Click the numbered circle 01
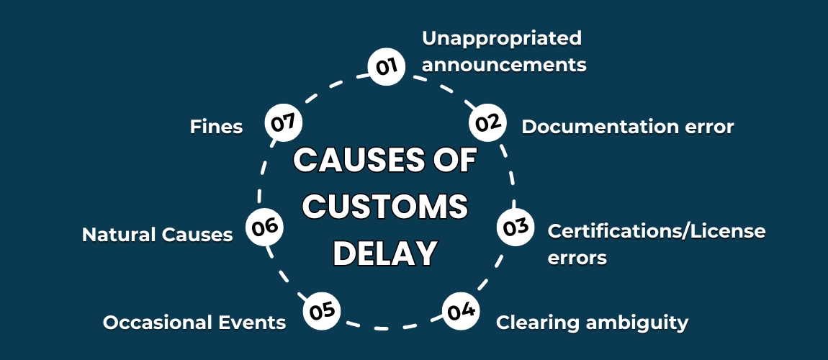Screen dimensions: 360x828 (x=386, y=67)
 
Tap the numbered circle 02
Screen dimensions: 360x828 (x=487, y=122)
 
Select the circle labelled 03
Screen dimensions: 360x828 (x=516, y=228)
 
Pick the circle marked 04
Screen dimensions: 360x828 (x=460, y=311)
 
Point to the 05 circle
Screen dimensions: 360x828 (x=322, y=311)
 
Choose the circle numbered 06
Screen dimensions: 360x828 (x=264, y=227)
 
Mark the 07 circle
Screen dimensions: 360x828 (x=283, y=122)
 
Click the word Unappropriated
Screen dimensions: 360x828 (x=501, y=37)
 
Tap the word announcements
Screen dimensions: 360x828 (x=504, y=65)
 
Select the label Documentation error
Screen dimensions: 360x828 (x=627, y=127)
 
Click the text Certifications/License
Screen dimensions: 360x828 (x=657, y=231)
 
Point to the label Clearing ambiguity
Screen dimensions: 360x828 (x=592, y=322)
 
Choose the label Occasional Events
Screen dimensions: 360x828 (x=194, y=322)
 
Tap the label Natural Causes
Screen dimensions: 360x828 (x=157, y=235)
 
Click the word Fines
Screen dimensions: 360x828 (x=216, y=127)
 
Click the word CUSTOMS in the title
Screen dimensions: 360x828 (x=385, y=207)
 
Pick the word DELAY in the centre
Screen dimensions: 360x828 (x=385, y=253)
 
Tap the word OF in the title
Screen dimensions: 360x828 (x=451, y=160)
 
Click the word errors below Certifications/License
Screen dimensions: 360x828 (x=577, y=257)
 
